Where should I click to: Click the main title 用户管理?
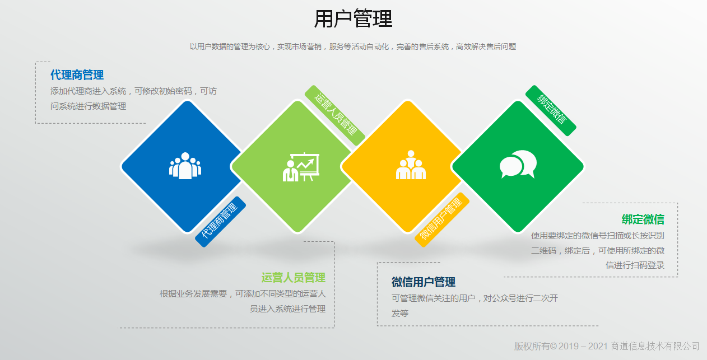pyautogui.click(x=353, y=18)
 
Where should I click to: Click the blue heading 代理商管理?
pyautogui.click(x=77, y=75)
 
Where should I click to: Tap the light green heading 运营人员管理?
pyautogui.click(x=293, y=277)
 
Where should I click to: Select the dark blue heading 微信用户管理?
pyautogui.click(x=424, y=282)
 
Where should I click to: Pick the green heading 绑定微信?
pyautogui.click(x=643, y=219)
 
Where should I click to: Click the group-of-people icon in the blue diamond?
pyautogui.click(x=185, y=166)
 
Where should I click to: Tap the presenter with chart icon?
pyautogui.click(x=301, y=167)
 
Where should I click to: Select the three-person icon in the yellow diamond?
pyautogui.click(x=411, y=165)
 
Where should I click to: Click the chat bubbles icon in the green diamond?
pyautogui.click(x=518, y=164)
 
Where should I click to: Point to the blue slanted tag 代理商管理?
pyautogui.click(x=220, y=222)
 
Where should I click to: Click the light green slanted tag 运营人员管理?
pyautogui.click(x=335, y=115)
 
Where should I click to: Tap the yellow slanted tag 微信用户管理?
pyautogui.click(x=442, y=219)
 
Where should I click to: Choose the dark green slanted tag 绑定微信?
pyautogui.click(x=551, y=110)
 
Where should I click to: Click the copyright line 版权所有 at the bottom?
pyautogui.click(x=607, y=346)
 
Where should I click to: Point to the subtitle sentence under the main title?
pyautogui.click(x=353, y=46)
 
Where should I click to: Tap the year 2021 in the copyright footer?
pyautogui.click(x=598, y=346)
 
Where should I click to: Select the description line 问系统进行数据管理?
pyautogui.click(x=88, y=106)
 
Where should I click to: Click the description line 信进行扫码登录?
pyautogui.click(x=635, y=265)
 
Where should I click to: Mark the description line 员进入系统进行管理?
pyautogui.click(x=287, y=308)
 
